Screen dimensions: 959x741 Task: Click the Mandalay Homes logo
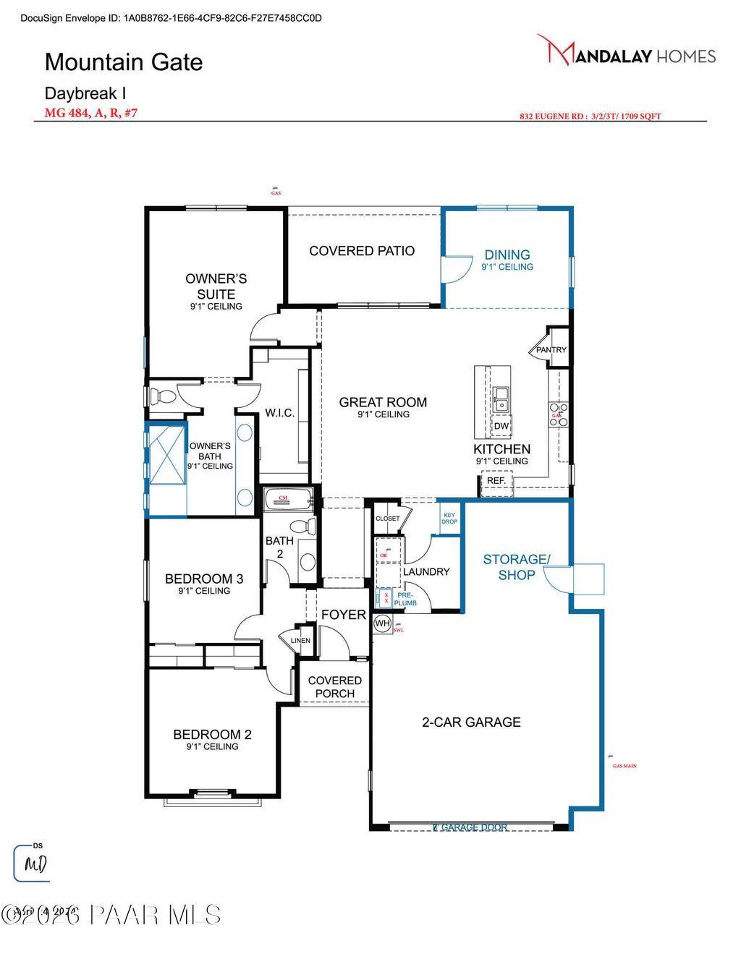pyautogui.click(x=627, y=51)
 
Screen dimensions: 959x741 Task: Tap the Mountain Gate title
pyautogui.click(x=124, y=62)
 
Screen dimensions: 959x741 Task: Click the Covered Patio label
pyautogui.click(x=362, y=251)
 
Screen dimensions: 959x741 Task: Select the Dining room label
pyautogui.click(x=507, y=255)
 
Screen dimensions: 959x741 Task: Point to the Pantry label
pyautogui.click(x=551, y=349)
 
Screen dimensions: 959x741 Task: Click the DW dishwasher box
pyautogui.click(x=501, y=426)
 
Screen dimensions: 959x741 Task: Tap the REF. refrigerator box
pyautogui.click(x=496, y=481)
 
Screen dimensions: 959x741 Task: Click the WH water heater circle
pyautogui.click(x=382, y=623)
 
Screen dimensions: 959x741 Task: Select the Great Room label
pyautogui.click(x=383, y=403)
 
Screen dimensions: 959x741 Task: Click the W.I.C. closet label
pyautogui.click(x=279, y=413)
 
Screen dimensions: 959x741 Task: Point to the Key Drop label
pyautogui.click(x=449, y=518)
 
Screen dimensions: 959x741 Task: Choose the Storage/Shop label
pyautogui.click(x=517, y=567)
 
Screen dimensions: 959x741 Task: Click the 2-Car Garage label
pyautogui.click(x=471, y=722)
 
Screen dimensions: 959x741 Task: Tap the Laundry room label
pyautogui.click(x=426, y=571)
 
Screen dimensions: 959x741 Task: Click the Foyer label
pyautogui.click(x=344, y=615)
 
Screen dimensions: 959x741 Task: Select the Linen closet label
pyautogui.click(x=300, y=641)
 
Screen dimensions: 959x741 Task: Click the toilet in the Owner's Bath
pyautogui.click(x=163, y=396)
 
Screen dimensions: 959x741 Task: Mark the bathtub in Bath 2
pyautogui.click(x=287, y=498)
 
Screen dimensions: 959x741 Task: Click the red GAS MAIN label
pyautogui.click(x=624, y=766)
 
